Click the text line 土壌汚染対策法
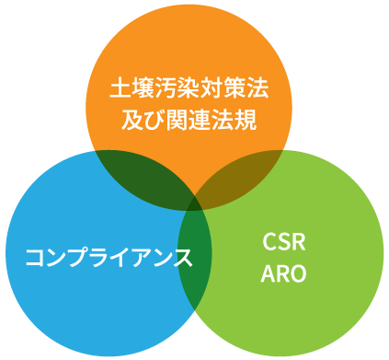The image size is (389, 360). click(x=189, y=92)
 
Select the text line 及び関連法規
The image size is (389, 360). click(x=189, y=120)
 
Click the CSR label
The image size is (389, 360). click(x=283, y=242)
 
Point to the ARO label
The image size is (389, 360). click(x=283, y=273)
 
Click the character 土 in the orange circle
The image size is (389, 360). click(x=120, y=92)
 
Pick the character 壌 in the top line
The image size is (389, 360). click(x=143, y=92)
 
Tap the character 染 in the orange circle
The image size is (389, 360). click(x=189, y=92)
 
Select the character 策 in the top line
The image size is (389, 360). click(x=235, y=92)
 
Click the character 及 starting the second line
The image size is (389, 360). click(x=132, y=120)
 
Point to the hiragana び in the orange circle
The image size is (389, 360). click(x=154, y=120)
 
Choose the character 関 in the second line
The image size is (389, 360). click(x=177, y=120)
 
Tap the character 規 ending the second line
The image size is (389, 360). click(x=246, y=120)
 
